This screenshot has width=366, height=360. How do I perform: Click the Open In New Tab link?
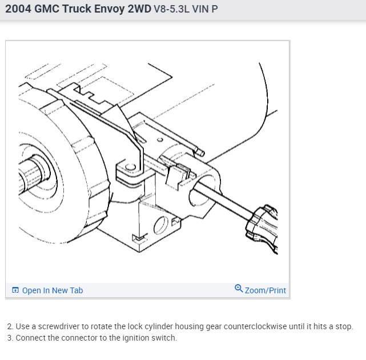pyautogui.click(x=53, y=290)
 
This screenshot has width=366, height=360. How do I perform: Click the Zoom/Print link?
pyautogui.click(x=266, y=290)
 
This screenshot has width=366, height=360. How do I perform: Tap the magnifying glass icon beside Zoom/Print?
pyautogui.click(x=239, y=288)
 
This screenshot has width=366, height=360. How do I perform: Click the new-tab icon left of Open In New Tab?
pyautogui.click(x=15, y=290)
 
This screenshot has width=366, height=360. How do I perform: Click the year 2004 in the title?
pyautogui.click(x=18, y=9)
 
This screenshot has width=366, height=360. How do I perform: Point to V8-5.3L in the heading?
pyautogui.click(x=172, y=9)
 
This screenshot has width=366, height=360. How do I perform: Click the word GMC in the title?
pyautogui.click(x=47, y=9)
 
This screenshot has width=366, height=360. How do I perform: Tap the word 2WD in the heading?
pyautogui.click(x=139, y=9)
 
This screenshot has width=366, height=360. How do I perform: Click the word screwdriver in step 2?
pyautogui.click(x=59, y=326)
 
